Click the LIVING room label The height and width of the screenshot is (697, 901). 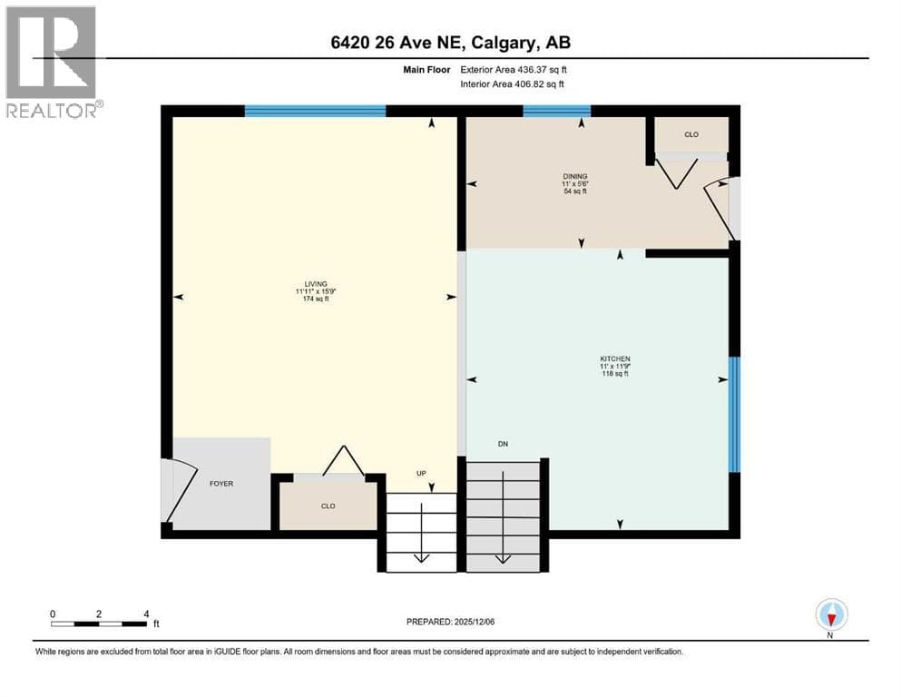tap(316, 284)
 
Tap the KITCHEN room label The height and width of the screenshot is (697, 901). tap(615, 358)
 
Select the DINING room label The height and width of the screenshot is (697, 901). tap(575, 176)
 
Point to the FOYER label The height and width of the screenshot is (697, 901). tap(221, 484)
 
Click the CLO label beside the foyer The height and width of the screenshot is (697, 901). tap(328, 506)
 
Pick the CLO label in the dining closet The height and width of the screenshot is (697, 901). tap(691, 134)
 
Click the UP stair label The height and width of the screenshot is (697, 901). tap(421, 474)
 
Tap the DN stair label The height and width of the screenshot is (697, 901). tap(503, 444)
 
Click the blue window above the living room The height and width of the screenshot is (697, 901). tap(315, 111)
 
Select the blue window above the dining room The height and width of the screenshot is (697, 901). tap(557, 111)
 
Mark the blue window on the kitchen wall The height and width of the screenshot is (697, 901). tap(734, 414)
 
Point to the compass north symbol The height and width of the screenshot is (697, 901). tap(831, 614)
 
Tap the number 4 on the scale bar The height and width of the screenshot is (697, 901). tap(146, 614)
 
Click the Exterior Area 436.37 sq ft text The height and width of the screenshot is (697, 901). tap(514, 70)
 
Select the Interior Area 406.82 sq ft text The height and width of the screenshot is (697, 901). tap(512, 83)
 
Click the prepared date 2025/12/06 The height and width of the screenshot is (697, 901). tap(474, 622)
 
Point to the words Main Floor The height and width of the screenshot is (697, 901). tap(426, 70)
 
